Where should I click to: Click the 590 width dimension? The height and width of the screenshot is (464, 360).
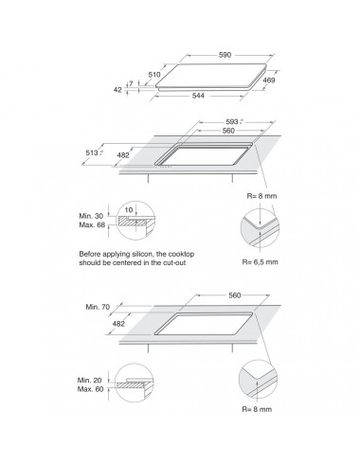click(225, 55)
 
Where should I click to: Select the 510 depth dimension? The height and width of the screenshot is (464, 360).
click(154, 75)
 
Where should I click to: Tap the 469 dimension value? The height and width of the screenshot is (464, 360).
click(269, 80)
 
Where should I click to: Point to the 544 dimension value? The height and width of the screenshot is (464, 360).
click(198, 96)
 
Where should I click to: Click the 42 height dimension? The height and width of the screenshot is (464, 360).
click(117, 90)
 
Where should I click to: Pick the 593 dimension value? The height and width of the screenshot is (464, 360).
click(232, 122)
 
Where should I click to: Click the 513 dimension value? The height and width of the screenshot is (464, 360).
click(92, 152)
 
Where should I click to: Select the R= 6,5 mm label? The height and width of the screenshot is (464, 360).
click(261, 262)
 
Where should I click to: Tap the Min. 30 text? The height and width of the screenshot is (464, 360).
click(91, 216)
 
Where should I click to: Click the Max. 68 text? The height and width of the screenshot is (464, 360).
click(92, 225)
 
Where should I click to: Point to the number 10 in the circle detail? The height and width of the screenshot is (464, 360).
click(129, 210)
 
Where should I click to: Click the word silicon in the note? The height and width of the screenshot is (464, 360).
click(143, 254)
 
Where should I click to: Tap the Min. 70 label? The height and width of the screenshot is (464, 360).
click(98, 307)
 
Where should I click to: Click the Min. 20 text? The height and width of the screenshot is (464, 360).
click(90, 381)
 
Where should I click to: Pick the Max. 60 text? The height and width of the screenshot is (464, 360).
click(91, 389)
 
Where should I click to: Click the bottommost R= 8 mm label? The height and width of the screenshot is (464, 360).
click(257, 409)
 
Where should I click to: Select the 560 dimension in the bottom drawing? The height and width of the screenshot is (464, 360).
click(235, 295)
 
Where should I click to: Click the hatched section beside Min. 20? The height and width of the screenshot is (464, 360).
click(131, 385)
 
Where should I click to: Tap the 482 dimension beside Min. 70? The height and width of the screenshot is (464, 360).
click(118, 324)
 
